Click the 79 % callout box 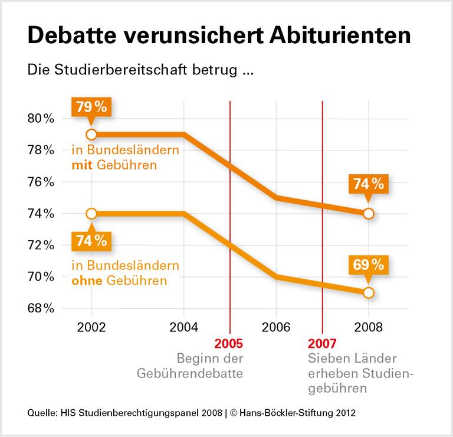tap(91, 107)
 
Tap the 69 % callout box tap(368, 265)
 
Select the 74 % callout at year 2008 tap(368, 185)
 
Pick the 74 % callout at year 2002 tap(91, 240)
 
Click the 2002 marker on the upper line tap(91, 134)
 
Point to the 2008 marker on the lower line tap(368, 292)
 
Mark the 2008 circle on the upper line tap(368, 214)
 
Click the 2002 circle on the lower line tap(91, 213)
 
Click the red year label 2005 tap(229, 344)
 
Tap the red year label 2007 tap(323, 344)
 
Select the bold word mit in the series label tap(81, 165)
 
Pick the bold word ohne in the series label tap(86, 280)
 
